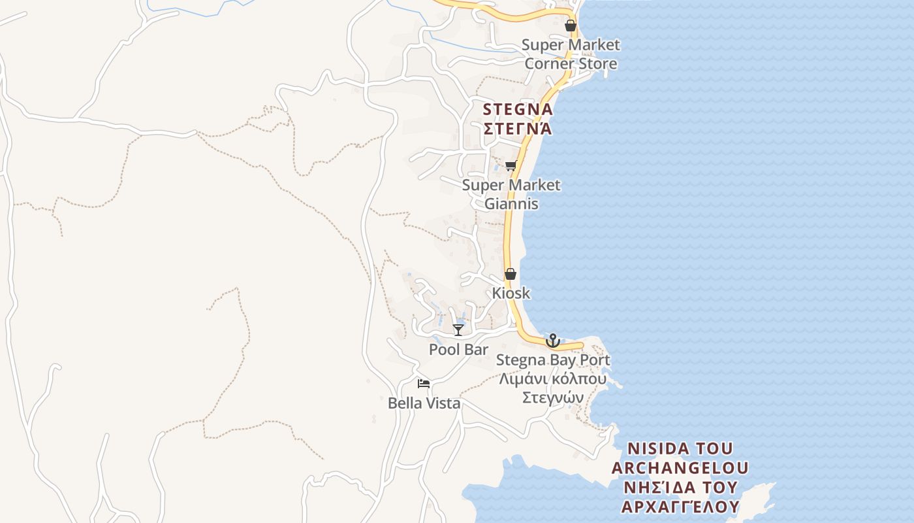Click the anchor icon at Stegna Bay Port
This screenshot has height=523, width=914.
click(553, 341)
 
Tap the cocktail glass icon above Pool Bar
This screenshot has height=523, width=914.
click(458, 329)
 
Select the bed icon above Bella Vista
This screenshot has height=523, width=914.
click(424, 384)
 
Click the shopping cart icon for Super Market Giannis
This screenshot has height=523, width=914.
click(511, 165)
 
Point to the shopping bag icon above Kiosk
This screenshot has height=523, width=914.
click(511, 274)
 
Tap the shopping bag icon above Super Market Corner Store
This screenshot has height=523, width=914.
click(571, 25)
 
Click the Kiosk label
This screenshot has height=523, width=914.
click(511, 293)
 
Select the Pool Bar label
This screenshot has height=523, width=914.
click(458, 350)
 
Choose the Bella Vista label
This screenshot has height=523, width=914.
click(424, 403)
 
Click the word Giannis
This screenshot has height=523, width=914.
click(511, 203)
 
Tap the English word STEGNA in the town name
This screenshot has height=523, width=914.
click(518, 109)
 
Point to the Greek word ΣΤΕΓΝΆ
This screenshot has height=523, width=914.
click(518, 128)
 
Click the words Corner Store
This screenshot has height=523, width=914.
click(571, 63)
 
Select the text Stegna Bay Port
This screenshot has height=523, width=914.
click(553, 360)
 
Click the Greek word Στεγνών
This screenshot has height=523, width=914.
click(553, 397)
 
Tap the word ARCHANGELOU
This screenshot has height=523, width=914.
click(680, 468)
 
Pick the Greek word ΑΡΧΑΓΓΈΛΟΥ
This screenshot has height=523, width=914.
click(680, 507)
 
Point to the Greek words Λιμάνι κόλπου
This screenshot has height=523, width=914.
click(553, 379)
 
